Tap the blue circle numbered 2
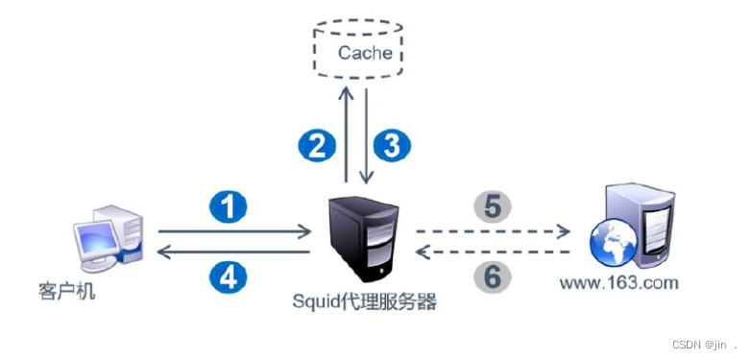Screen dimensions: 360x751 [x=316, y=145]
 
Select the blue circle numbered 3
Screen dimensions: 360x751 [x=392, y=145]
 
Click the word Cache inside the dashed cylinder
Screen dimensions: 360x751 [x=366, y=53]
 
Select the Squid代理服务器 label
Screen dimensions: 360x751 [x=365, y=302]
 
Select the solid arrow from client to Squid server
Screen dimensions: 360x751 [x=234, y=230]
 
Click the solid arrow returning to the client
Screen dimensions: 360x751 [x=234, y=252]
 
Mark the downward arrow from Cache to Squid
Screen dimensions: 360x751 [x=367, y=134]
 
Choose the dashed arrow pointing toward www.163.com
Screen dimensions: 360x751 [x=495, y=230]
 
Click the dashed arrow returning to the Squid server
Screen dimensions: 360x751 [x=495, y=252]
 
